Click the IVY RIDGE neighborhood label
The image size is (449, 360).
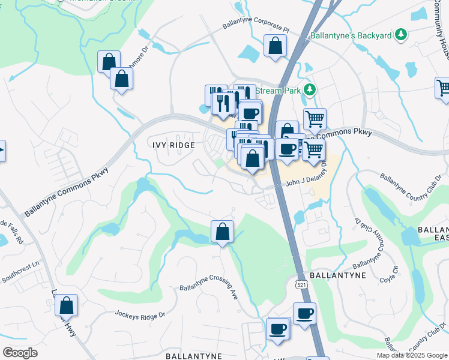(173, 145)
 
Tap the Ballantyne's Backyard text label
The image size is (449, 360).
(351, 35)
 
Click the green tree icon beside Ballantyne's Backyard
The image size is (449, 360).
(400, 35)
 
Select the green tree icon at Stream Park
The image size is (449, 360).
(309, 91)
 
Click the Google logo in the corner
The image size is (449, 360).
(20, 352)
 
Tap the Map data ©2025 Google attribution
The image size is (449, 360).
(412, 355)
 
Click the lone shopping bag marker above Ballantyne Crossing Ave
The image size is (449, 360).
(222, 232)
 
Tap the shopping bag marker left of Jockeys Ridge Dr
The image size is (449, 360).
(66, 305)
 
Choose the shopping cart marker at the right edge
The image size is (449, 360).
(443, 88)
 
